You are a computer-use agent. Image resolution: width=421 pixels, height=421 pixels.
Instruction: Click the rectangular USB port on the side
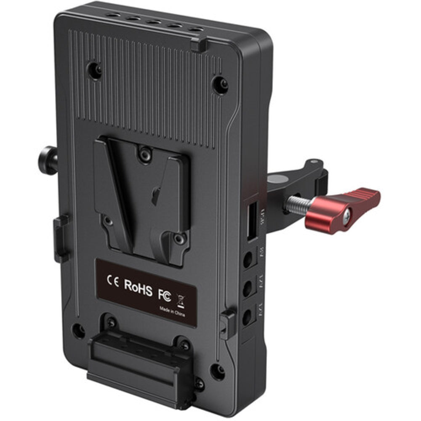point(252,221)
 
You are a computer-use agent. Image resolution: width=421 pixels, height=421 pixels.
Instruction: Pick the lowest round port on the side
point(247,317)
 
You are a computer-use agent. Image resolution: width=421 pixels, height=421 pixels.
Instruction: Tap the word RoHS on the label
point(138,285)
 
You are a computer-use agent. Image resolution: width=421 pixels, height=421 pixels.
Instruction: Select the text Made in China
point(172,312)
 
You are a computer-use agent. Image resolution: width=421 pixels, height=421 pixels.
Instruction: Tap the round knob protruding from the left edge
point(49,160)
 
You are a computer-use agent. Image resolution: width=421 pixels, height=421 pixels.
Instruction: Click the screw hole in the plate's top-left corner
point(94,70)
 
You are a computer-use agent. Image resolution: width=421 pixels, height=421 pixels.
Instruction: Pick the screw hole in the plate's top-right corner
point(220,85)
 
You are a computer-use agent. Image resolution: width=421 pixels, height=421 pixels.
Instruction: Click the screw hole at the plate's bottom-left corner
point(78,330)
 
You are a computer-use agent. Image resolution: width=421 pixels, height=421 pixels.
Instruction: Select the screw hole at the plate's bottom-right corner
point(217,371)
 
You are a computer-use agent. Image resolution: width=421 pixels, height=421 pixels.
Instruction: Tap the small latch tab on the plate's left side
point(61,238)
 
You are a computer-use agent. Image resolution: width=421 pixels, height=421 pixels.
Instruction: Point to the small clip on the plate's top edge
point(199,45)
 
